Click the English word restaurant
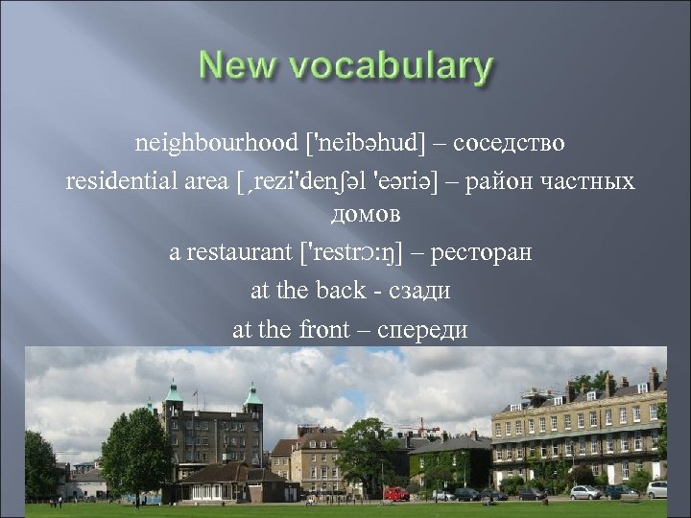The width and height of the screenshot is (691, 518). (x=239, y=253)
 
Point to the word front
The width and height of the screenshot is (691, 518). (x=326, y=328)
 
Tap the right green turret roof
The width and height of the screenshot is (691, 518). (x=253, y=394)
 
